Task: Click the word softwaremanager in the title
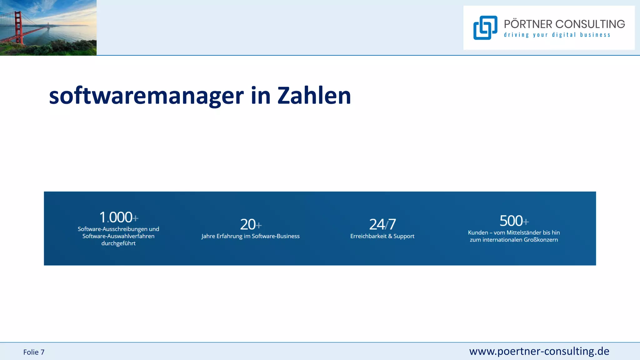[x=146, y=96]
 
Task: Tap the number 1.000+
[x=118, y=217]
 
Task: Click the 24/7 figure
[x=382, y=224]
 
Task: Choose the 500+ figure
[x=514, y=221]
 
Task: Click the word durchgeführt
[x=118, y=243]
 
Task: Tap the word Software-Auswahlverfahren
[x=118, y=236]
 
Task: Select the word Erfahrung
[x=229, y=236]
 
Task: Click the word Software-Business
[x=276, y=236]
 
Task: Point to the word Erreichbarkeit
[x=368, y=236]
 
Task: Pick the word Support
[x=404, y=237]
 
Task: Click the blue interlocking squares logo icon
[x=485, y=28]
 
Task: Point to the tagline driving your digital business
[x=557, y=35]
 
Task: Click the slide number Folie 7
[x=34, y=352]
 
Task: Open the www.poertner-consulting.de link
[x=539, y=351]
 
